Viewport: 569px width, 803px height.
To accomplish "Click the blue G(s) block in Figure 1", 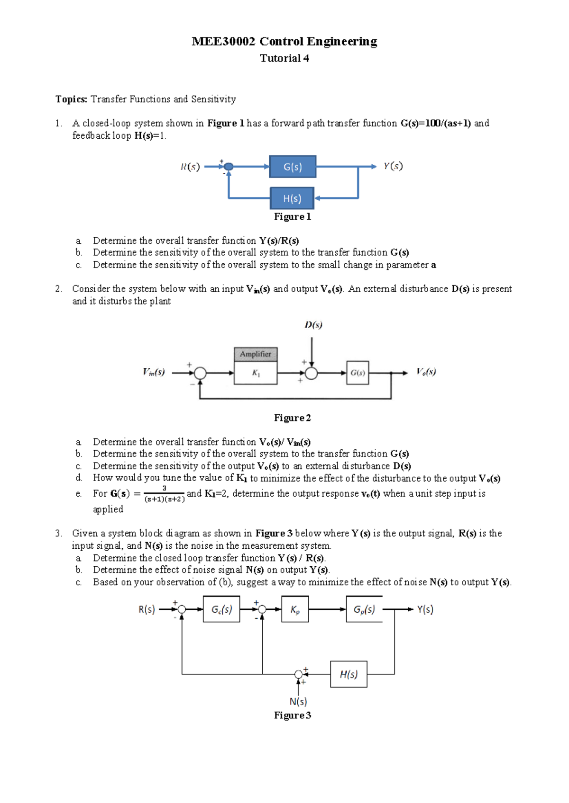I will tap(293, 167).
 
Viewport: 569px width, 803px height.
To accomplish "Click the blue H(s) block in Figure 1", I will tap(292, 198).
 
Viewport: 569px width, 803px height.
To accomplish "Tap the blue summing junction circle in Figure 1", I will tap(229, 166).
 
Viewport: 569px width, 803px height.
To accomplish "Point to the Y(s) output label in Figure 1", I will tap(393, 166).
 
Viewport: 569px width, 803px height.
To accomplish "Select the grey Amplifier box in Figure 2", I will tap(256, 354).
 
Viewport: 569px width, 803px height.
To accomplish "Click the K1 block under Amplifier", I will tap(256, 373).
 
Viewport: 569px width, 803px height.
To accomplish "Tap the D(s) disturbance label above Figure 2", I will tap(313, 325).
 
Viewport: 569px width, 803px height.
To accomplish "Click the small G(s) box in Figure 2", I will tap(358, 373).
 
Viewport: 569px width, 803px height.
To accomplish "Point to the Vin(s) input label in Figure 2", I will tap(154, 372).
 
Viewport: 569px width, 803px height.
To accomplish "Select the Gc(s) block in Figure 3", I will tap(221, 609).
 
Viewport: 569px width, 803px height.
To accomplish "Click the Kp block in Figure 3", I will tap(295, 609).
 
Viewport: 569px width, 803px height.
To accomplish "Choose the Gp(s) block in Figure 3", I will tap(364, 609).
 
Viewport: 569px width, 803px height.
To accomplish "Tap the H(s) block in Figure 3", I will tap(349, 674).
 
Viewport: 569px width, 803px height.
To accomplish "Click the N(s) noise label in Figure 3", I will tap(298, 701).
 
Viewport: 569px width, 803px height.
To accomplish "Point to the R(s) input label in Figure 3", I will tap(147, 609).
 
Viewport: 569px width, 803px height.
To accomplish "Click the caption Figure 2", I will tap(293, 418).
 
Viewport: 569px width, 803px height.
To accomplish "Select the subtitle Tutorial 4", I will tap(284, 58).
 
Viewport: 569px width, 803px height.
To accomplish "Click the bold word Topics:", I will tap(72, 99).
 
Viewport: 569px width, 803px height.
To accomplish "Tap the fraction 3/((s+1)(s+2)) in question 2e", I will tap(164, 494).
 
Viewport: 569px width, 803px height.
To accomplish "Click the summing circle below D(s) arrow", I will tap(311, 373).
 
